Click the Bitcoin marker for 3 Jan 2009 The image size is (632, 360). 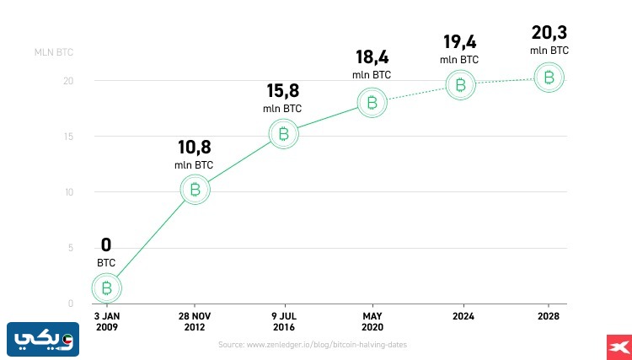(106, 288)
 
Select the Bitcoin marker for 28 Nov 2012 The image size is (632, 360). (195, 190)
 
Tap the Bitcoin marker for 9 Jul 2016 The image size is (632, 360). (283, 133)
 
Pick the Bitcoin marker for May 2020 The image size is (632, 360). (372, 103)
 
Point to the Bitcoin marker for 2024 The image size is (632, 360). (460, 84)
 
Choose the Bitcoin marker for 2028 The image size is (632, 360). (549, 78)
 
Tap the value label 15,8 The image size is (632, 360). (282, 91)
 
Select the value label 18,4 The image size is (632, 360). (372, 58)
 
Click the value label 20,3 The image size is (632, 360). (549, 33)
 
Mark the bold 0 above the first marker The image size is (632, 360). (106, 245)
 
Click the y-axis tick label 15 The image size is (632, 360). (70, 137)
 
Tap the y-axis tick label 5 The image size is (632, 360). (72, 248)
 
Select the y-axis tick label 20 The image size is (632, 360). (69, 81)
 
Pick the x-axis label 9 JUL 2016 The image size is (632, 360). (283, 321)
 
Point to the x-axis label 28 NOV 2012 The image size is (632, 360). (195, 321)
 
